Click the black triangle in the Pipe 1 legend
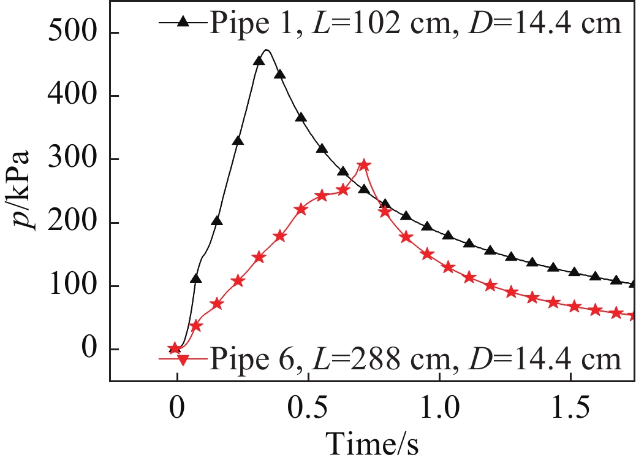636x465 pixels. [x=183, y=22]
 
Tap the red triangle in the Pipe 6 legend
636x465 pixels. [x=183, y=358]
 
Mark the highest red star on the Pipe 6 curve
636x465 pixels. [x=364, y=165]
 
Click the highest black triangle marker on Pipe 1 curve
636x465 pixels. [x=259, y=60]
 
